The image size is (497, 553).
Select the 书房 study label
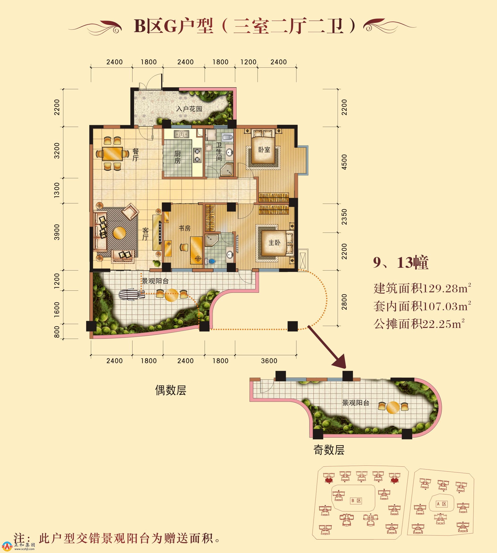pyautogui.click(x=185, y=228)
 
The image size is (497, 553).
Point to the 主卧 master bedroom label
pyautogui.click(x=274, y=242)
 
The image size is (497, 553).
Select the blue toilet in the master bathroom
pyautogui.click(x=211, y=262)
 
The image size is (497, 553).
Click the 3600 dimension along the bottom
pyautogui.click(x=269, y=361)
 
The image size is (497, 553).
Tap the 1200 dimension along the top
pyautogui.click(x=248, y=62)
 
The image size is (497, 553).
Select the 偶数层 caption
pyautogui.click(x=171, y=390)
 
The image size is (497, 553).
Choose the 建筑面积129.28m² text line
pyautogui.click(x=422, y=288)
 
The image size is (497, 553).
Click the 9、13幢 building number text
pyautogui.click(x=401, y=262)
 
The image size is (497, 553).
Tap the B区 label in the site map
pyautogui.click(x=356, y=501)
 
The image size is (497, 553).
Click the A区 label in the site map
pyautogui.click(x=442, y=504)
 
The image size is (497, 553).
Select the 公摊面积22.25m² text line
pyautogui.click(x=419, y=324)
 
